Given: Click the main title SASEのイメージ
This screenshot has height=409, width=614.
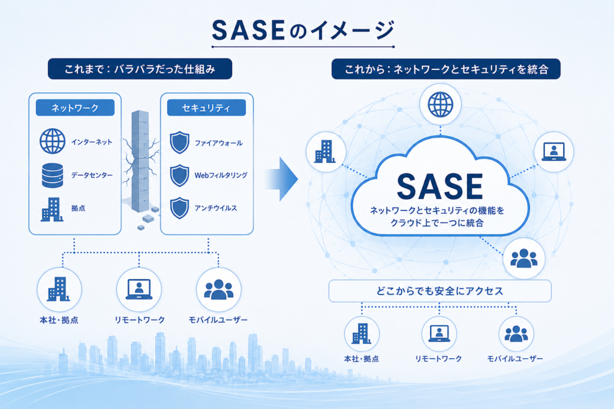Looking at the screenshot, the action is (303, 31).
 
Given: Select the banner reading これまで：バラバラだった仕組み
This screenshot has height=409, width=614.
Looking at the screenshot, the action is (140, 69).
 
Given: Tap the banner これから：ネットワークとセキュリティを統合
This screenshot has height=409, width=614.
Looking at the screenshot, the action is (446, 69).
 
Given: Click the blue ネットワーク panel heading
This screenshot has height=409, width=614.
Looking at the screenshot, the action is (75, 108).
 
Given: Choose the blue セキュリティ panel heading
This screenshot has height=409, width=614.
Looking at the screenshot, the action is (206, 108).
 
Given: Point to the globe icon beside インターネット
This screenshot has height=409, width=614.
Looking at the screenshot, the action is (53, 141).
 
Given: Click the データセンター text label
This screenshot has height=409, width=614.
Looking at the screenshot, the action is (92, 175).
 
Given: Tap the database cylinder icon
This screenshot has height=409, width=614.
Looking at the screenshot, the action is (53, 175).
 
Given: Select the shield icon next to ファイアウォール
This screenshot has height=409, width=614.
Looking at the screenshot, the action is (180, 143).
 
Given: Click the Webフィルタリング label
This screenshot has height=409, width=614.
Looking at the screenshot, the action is (221, 175).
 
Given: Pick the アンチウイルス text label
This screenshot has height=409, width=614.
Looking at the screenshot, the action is (216, 208).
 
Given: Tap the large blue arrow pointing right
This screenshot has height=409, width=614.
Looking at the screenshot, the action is (281, 179).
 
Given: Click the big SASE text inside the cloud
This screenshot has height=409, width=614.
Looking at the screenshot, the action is (440, 186).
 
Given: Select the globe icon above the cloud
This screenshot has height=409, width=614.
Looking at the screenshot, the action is (441, 105).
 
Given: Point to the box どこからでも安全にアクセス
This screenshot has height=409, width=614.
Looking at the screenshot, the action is (440, 291).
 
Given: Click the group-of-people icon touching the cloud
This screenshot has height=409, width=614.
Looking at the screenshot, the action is (524, 259).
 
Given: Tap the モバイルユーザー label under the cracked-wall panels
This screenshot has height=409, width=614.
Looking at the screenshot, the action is (218, 320).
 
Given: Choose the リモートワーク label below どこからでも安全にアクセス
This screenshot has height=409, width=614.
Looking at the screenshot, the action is (438, 359).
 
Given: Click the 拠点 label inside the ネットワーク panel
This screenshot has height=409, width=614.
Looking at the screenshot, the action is (79, 208).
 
